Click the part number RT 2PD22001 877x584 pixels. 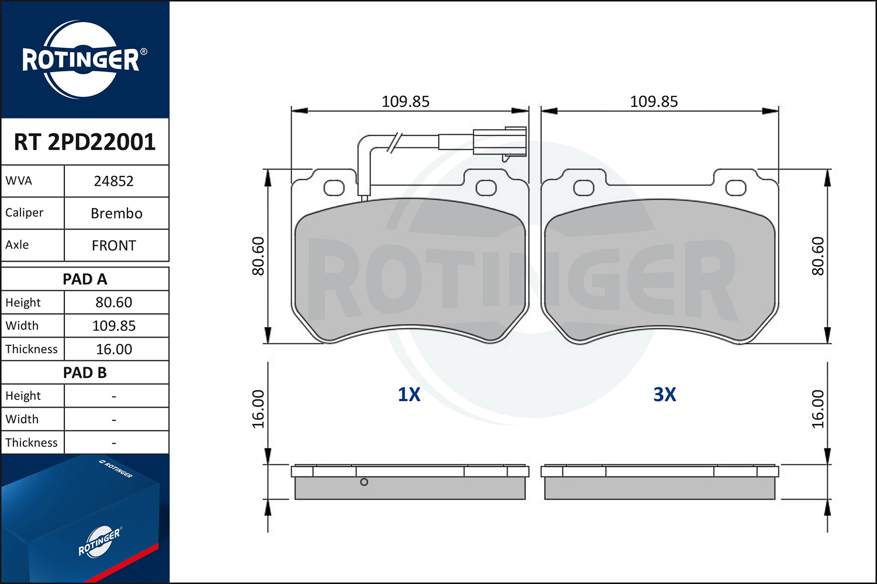pos(85,141)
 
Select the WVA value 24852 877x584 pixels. pos(113,181)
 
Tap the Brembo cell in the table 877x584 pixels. pos(116,213)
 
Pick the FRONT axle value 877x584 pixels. pos(113,246)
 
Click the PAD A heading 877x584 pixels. pos(85,279)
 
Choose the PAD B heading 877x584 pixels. pos(85,373)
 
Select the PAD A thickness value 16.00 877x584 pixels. pos(114,349)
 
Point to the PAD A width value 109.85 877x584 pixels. pos(114,325)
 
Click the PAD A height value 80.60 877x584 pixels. pos(114,303)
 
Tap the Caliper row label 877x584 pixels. pos(25,213)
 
